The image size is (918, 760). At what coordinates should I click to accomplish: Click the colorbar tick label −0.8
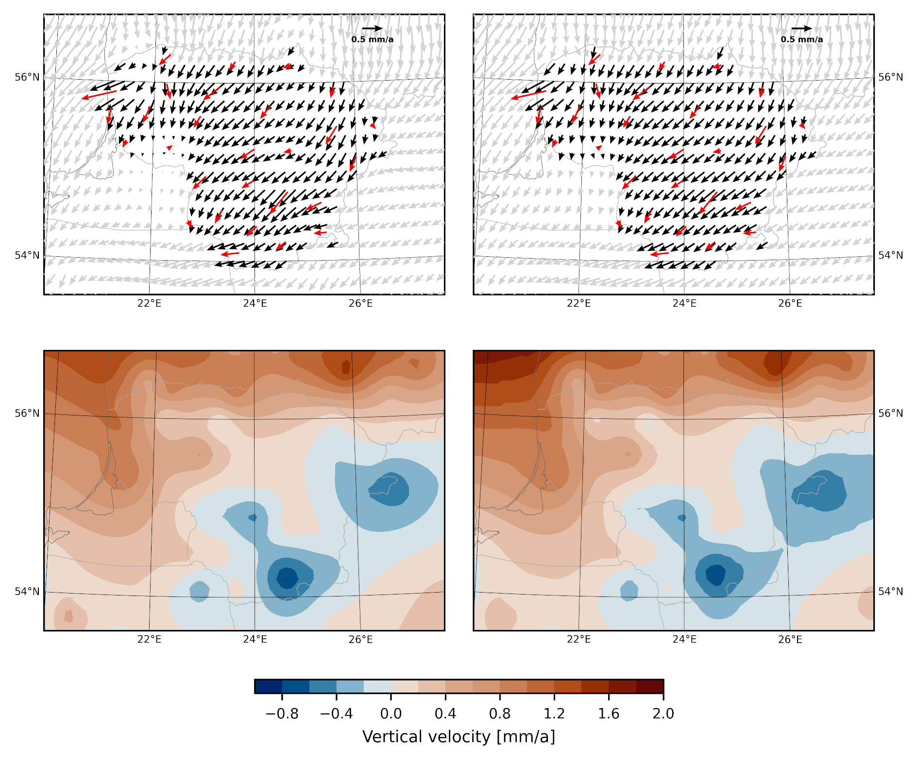coord(282,714)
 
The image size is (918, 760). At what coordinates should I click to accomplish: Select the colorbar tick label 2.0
coord(663,714)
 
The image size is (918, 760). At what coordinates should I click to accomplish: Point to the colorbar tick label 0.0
coord(391,714)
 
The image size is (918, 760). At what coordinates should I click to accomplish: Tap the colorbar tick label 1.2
coord(554,714)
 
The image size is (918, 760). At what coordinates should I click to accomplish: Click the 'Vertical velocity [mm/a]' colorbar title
coord(459,737)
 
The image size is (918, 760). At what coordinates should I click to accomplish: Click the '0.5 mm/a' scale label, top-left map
coord(373,40)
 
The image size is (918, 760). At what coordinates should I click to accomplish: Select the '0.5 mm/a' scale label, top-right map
coord(802,40)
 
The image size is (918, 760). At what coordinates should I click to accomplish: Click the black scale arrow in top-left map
coord(373,29)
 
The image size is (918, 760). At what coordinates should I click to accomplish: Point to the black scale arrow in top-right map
coord(802,29)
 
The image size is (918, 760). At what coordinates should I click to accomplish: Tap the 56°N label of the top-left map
coord(27,77)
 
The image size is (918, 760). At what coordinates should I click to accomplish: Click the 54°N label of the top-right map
coord(891,255)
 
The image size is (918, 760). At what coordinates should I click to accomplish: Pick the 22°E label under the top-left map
coord(149,304)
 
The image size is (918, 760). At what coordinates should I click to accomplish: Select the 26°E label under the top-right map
coord(790,304)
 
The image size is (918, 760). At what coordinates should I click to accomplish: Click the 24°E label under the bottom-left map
coord(255,640)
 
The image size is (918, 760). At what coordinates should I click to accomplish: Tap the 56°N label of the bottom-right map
coord(891,413)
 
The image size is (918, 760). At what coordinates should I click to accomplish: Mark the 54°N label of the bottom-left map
coord(27,592)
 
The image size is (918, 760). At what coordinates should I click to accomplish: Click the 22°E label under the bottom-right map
coord(579,640)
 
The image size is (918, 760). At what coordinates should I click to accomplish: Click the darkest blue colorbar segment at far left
coord(268,686)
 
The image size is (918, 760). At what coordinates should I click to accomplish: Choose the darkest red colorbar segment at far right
coord(650,686)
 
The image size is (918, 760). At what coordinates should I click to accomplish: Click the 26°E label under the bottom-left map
coord(361,640)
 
